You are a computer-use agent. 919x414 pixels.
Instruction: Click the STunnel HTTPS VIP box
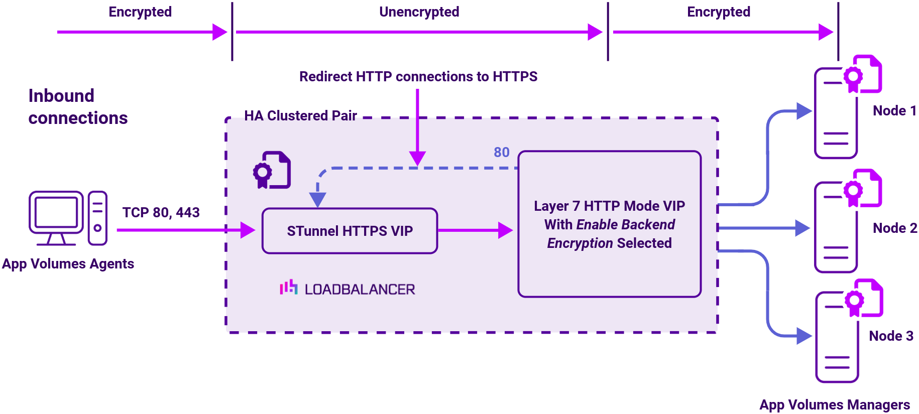[x=350, y=231]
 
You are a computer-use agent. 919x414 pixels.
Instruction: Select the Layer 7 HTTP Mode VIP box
[x=609, y=224]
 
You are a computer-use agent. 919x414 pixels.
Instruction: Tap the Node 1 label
[x=894, y=111]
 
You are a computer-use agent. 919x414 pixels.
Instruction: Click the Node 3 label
[x=891, y=336]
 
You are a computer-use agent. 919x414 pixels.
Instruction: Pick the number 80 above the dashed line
[x=501, y=152]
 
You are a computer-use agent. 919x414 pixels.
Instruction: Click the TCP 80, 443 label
[x=161, y=213]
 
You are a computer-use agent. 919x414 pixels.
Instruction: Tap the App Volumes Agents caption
[x=68, y=264]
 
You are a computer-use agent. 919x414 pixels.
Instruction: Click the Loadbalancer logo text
[x=360, y=290]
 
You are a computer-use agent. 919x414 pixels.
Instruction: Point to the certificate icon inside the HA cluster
[x=272, y=170]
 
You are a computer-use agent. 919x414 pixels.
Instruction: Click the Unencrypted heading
[x=419, y=12]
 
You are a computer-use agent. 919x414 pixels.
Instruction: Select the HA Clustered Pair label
[x=300, y=116]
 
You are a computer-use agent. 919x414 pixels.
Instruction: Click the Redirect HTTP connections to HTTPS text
[x=418, y=77]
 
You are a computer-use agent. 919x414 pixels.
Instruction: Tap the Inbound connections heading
[x=78, y=107]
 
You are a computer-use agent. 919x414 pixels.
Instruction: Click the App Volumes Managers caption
[x=834, y=404]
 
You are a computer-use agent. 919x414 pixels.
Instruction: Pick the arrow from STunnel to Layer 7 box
[x=475, y=230]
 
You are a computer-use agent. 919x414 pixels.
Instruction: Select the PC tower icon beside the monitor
[x=97, y=218]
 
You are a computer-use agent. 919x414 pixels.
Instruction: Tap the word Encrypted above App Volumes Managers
[x=718, y=12]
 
